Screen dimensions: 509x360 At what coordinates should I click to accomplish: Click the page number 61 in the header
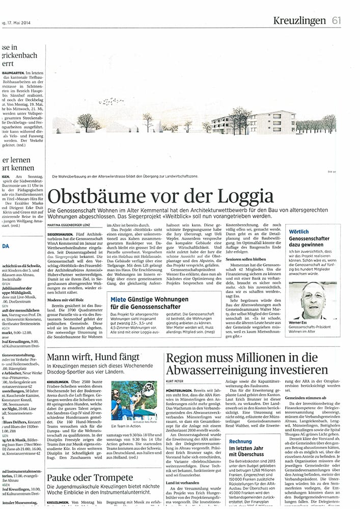pos(336,20)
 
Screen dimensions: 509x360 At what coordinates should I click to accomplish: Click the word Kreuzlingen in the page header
pos(299,20)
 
